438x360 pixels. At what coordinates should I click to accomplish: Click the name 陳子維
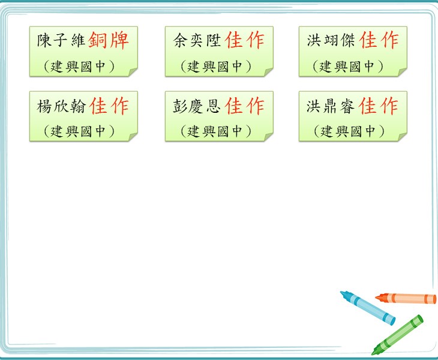pyautogui.click(x=61, y=40)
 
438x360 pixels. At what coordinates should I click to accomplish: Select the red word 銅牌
pyautogui.click(x=109, y=40)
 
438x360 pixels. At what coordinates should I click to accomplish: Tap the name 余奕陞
pyautogui.click(x=197, y=40)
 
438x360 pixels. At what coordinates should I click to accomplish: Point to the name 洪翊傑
pyautogui.click(x=331, y=40)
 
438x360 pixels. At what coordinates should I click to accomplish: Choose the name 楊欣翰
pyautogui.click(x=61, y=106)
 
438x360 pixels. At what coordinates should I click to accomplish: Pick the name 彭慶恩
pyautogui.click(x=197, y=106)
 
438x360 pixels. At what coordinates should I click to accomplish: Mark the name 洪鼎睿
pyautogui.click(x=331, y=106)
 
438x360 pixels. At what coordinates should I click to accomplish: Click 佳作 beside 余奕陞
pyautogui.click(x=244, y=40)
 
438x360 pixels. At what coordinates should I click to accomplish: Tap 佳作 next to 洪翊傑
pyautogui.click(x=379, y=40)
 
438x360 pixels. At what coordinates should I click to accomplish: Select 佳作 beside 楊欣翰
pyautogui.click(x=109, y=106)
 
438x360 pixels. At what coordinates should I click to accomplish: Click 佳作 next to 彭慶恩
pyautogui.click(x=244, y=106)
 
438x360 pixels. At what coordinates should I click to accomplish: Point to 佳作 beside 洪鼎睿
pyautogui.click(x=378, y=106)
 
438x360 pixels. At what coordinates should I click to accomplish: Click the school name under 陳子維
pyautogui.click(x=79, y=67)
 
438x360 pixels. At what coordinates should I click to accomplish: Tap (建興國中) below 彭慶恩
pyautogui.click(x=215, y=131)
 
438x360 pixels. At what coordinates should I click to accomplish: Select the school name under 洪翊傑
pyautogui.click(x=348, y=67)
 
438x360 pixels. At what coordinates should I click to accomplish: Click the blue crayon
pyautogui.click(x=368, y=308)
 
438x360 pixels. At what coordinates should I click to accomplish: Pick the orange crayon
pyautogui.click(x=406, y=298)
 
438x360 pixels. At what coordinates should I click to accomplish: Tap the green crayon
pyautogui.click(x=397, y=335)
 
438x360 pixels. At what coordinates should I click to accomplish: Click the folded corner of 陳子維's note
pyautogui.click(x=133, y=72)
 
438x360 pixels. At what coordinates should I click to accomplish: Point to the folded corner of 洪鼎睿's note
pyautogui.click(x=402, y=137)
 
